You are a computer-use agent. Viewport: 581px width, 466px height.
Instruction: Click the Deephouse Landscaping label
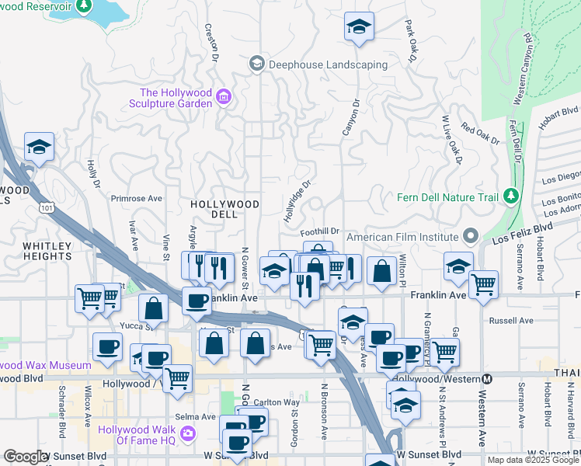coord(328,64)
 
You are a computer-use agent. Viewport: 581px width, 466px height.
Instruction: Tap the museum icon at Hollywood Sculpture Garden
coord(224,97)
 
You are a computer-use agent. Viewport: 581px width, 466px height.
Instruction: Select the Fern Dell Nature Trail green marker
coord(510,196)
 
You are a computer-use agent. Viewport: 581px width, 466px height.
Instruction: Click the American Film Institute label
coord(402,236)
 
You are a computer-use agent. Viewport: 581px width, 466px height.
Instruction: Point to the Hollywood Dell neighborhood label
coord(224,209)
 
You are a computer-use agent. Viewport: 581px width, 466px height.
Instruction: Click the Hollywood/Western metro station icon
coord(487,379)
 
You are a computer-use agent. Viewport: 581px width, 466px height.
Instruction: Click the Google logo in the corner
coord(25,457)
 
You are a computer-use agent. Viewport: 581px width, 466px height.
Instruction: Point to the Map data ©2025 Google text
coord(533,460)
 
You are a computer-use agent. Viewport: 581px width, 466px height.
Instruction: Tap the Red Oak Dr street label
coord(479,133)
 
